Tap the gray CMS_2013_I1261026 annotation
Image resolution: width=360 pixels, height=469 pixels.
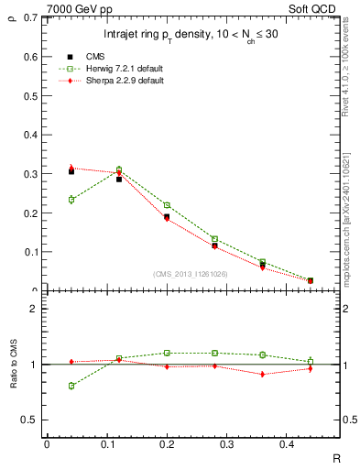(191, 274)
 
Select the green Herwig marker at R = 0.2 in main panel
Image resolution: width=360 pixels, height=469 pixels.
(167, 205)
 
